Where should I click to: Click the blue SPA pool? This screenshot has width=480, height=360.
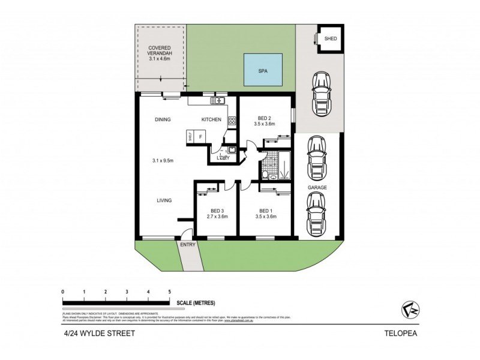coord(262,70)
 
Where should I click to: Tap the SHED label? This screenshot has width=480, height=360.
coord(331,39)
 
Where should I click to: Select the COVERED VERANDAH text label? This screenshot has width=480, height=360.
coord(160,53)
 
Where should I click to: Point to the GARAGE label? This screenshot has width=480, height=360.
coord(317,187)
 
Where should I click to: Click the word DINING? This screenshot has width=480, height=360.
coord(163,120)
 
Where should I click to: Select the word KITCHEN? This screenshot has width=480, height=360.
coord(211,120)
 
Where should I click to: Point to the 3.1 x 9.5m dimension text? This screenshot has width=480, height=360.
coord(163,160)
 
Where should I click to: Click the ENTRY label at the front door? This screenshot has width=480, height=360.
coord(187,244)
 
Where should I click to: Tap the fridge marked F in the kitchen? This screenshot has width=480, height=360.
coord(200,136)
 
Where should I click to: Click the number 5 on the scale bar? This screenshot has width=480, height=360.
coord(170,292)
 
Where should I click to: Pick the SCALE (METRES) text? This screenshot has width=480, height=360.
coord(195,303)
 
